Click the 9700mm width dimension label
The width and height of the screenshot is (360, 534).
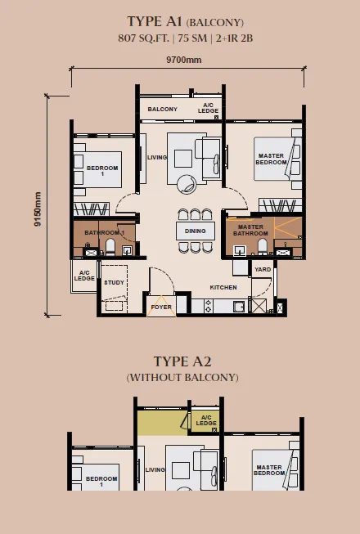183,60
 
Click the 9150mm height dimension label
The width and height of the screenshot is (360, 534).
38,209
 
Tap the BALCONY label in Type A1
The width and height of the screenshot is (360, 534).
163,109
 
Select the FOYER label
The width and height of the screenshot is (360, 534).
161,307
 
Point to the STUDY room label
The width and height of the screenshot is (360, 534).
114,282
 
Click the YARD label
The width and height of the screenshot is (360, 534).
263,269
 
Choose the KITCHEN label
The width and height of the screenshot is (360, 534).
223,287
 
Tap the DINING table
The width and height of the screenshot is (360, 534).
196,231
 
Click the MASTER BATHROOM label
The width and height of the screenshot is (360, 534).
250,231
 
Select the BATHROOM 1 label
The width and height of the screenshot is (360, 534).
105,232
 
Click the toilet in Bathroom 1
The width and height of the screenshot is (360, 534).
110,247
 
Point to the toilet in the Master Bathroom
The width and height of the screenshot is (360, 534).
263,246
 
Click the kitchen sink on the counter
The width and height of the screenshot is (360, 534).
239,307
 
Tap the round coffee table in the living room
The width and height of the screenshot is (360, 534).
187,184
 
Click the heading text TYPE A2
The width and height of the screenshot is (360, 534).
182,361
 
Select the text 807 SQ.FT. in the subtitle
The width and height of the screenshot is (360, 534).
143,38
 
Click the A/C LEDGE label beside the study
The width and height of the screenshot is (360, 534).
84,276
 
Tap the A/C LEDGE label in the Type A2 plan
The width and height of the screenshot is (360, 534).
206,420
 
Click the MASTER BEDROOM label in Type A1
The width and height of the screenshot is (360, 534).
271,159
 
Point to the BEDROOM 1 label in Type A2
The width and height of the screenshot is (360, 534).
101,481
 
